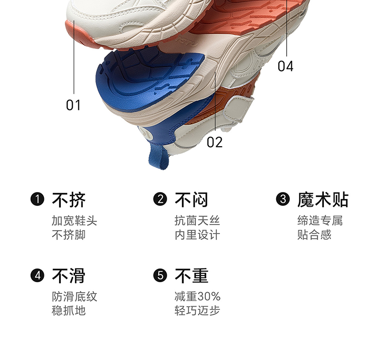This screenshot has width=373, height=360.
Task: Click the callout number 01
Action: [73, 105]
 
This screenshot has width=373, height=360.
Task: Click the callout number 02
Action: [214, 142]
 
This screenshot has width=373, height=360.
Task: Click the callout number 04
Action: [285, 66]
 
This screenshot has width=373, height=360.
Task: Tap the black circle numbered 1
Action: [37, 200]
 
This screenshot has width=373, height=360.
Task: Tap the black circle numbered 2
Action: [161, 200]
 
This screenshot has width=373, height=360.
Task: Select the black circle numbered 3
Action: [283, 200]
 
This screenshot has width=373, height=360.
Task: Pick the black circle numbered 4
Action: [37, 276]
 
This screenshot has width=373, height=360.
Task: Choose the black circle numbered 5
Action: [161, 276]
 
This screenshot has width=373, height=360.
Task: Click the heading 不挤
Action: [68, 200]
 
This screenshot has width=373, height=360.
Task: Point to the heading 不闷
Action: [191, 200]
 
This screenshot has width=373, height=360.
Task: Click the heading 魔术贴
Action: [322, 200]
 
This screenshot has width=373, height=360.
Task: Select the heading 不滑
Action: [68, 276]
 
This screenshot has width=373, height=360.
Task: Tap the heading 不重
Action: [191, 276]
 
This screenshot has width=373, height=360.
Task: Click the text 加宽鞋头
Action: [74, 221]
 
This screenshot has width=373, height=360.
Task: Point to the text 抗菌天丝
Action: [197, 221]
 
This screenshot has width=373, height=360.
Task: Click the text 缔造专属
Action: [320, 221]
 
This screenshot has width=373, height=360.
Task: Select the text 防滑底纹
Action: [74, 297]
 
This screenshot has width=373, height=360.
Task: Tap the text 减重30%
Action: [197, 297]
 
